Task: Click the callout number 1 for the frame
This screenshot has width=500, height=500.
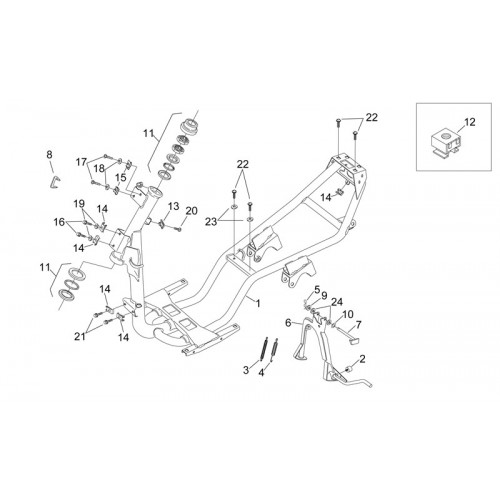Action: tap(258, 303)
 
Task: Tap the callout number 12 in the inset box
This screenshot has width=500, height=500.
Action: tap(470, 122)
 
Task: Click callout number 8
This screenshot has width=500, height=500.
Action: tap(49, 154)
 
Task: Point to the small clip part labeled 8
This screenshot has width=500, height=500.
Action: tap(55, 182)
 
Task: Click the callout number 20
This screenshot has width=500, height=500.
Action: tap(192, 211)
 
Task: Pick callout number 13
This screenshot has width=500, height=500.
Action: tap(174, 206)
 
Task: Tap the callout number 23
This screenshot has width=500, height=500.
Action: tap(211, 222)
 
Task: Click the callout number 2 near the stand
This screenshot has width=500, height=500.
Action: tap(363, 359)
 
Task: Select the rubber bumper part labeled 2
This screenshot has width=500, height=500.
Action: tap(350, 369)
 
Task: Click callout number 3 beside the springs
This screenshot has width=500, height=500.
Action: tap(246, 370)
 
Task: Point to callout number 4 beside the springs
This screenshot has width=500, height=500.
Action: tap(261, 373)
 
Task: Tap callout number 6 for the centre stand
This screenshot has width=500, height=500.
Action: tap(289, 323)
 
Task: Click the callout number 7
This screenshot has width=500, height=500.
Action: tap(359, 324)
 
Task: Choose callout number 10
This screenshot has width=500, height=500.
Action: tap(347, 314)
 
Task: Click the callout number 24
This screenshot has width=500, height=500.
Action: tap(337, 302)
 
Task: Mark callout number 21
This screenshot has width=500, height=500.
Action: tap(80, 337)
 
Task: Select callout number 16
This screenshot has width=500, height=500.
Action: tap(59, 222)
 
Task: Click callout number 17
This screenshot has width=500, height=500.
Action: tap(81, 162)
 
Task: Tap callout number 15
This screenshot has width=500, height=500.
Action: tap(121, 177)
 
